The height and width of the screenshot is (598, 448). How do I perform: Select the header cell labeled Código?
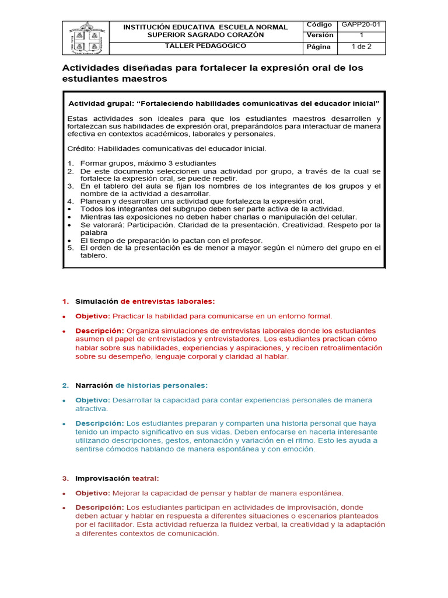[320, 25]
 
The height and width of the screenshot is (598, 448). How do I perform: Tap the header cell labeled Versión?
[320, 35]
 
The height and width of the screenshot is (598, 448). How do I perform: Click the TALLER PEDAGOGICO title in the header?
[205, 46]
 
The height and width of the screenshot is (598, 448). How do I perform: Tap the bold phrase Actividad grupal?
[101, 103]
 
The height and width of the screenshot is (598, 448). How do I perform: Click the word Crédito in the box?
[82, 148]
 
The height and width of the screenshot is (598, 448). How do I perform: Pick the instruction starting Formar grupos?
[148, 163]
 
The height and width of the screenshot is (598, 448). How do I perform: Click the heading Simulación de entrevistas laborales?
[145, 301]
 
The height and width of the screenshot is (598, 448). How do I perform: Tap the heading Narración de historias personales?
[141, 385]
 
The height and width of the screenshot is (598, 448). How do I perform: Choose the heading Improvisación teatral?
[117, 478]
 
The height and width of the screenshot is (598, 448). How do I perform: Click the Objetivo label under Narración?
[92, 400]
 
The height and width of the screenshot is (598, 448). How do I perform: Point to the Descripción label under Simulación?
[99, 331]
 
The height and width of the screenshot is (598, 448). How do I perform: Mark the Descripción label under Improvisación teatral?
[99, 507]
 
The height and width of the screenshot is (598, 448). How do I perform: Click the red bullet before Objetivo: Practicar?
[64, 317]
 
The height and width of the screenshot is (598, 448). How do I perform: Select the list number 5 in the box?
[70, 248]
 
